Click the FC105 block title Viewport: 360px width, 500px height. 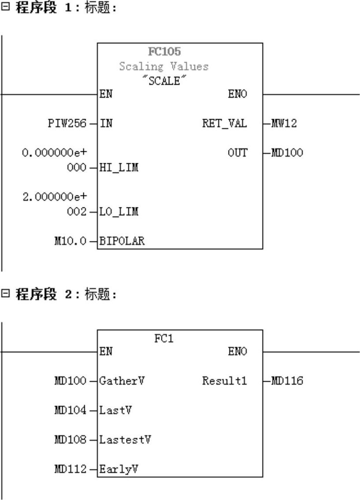pyautogui.click(x=164, y=52)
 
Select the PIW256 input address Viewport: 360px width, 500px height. pyautogui.click(x=67, y=124)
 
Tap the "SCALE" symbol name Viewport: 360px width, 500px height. pyautogui.click(x=164, y=82)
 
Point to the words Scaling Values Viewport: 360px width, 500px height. pyautogui.click(x=164, y=67)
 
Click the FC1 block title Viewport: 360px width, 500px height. pyautogui.click(x=164, y=339)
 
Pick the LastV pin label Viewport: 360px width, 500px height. pyautogui.click(x=116, y=410)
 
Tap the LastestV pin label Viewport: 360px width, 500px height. pyautogui.click(x=126, y=440)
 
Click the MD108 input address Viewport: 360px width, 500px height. pyautogui.click(x=70, y=440)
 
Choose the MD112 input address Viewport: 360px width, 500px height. pyautogui.click(x=70, y=470)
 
